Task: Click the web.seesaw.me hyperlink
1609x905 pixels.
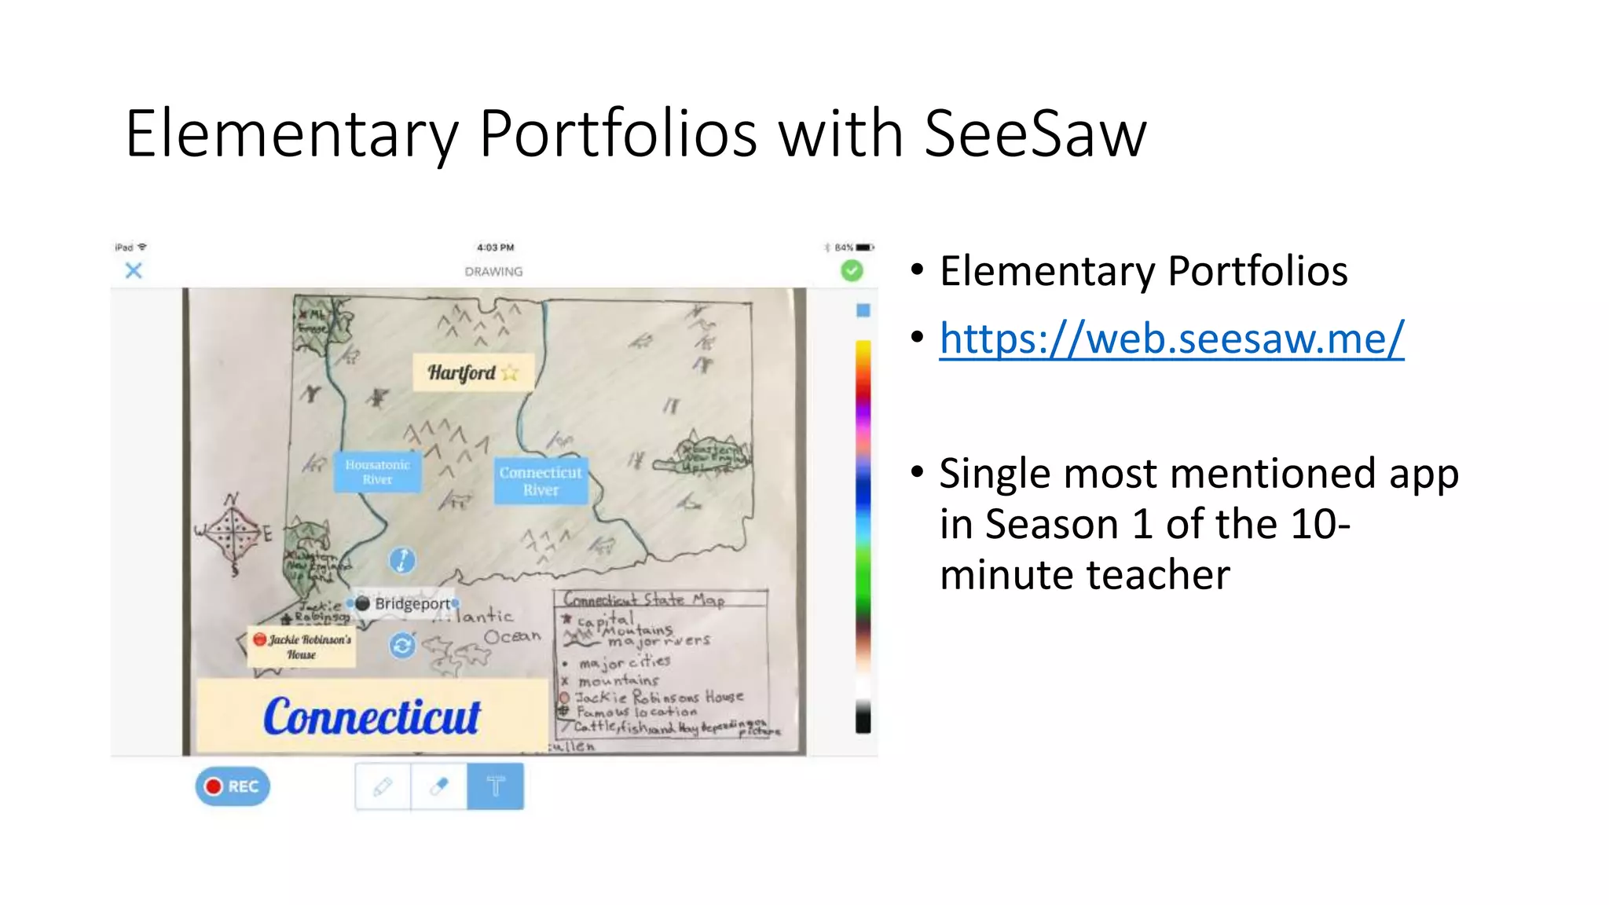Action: click(x=1171, y=339)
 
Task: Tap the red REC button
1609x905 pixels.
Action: click(x=233, y=786)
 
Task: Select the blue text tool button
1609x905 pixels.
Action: click(x=495, y=786)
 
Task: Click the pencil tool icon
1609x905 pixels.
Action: click(x=383, y=786)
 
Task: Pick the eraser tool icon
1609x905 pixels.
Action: click(x=439, y=786)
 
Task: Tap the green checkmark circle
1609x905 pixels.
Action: click(x=852, y=271)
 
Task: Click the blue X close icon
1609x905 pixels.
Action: click(x=134, y=271)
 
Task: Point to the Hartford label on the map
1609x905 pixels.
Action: click(x=462, y=372)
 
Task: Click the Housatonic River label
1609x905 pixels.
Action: click(x=377, y=471)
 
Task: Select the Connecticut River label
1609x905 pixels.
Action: click(x=541, y=481)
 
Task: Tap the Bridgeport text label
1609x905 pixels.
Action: click(x=412, y=603)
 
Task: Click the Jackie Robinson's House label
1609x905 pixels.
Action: click(x=302, y=647)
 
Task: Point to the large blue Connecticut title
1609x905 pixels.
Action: click(x=372, y=716)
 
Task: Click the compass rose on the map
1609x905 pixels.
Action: click(x=233, y=532)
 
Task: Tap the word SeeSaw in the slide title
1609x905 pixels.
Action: click(x=1035, y=134)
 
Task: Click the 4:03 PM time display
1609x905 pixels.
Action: click(x=495, y=247)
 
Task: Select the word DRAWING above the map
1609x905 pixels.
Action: click(x=493, y=272)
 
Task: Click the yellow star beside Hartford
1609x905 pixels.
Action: click(x=510, y=372)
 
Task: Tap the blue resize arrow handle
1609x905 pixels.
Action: click(x=402, y=560)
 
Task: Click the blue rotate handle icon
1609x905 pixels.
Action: click(x=402, y=646)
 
